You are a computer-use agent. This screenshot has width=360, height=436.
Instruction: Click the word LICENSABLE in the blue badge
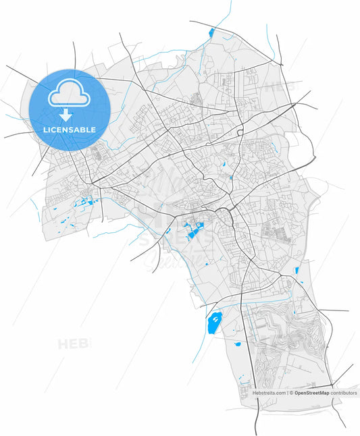coord(70,129)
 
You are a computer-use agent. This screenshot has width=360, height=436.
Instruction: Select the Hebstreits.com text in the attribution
coord(269,392)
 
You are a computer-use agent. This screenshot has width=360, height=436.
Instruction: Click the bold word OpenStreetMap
coord(311,392)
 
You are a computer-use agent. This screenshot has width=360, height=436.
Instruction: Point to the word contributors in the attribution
coord(344,392)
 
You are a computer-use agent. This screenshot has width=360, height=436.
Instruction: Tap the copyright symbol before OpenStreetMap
coord(291,392)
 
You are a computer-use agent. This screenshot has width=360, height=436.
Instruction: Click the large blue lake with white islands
coord(214,324)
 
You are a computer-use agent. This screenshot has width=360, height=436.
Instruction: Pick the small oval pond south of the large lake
coord(238,344)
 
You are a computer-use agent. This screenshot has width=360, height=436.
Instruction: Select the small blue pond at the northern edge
coord(211,31)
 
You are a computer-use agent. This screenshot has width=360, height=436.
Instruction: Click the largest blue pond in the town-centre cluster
coord(195,231)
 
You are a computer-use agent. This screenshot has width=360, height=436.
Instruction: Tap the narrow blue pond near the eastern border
coord(296,271)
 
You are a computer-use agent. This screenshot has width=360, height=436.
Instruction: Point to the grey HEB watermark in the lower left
coord(73,344)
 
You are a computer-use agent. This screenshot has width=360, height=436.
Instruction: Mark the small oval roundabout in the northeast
coord(240,133)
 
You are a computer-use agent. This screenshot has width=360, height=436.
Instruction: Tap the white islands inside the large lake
coord(215,319)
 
